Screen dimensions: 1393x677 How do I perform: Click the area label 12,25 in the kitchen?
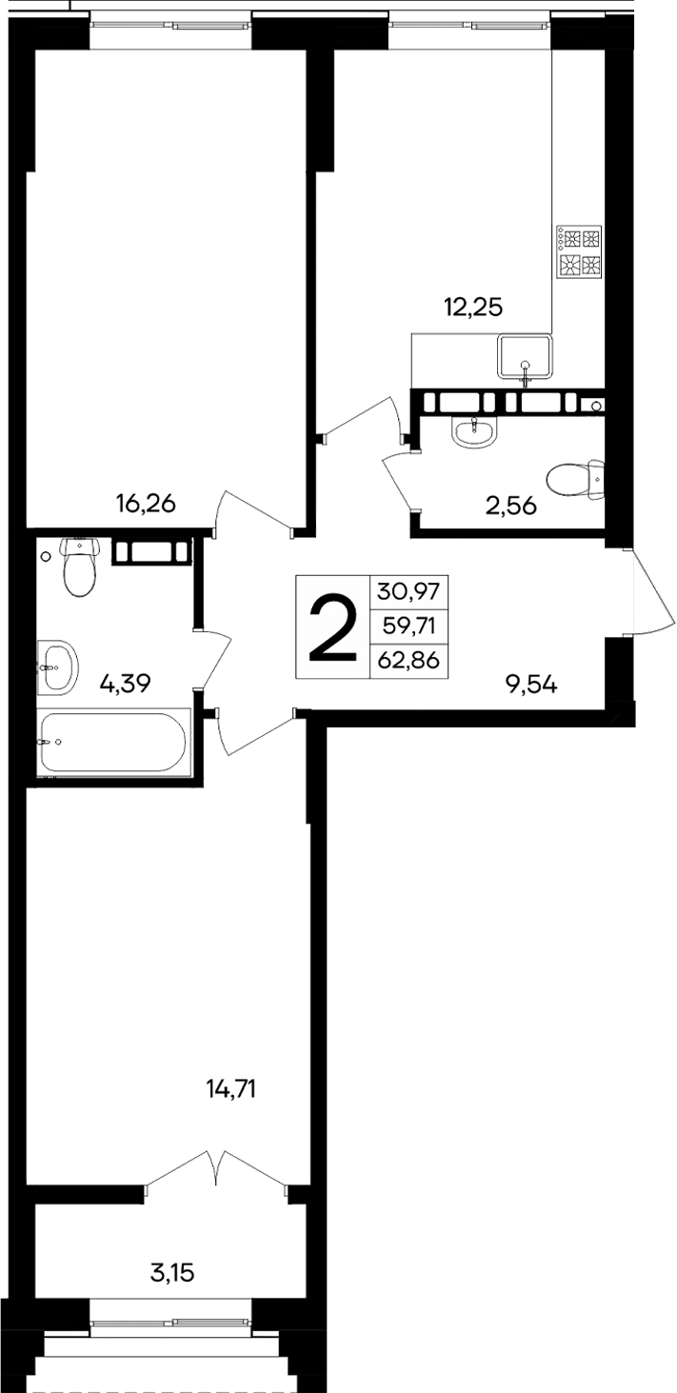coord(472,307)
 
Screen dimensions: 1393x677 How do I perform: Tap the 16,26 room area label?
coord(146,504)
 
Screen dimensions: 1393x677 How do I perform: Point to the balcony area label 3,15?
coord(173,1271)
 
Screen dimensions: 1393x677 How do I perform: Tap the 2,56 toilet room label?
coord(510,506)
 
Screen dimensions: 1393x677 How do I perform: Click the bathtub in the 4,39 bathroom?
coord(114,743)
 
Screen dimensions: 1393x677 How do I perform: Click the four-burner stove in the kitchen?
coord(580,252)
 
